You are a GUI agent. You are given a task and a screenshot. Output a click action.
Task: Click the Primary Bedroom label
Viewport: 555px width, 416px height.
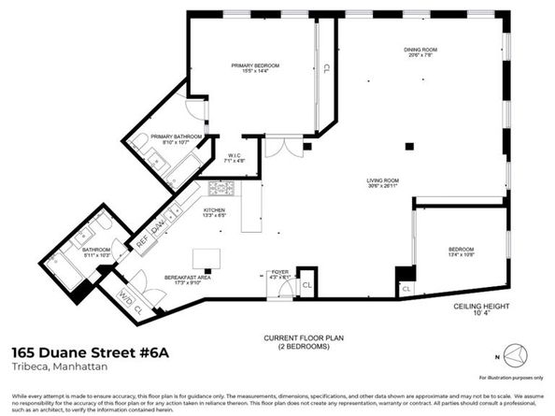pos(256,65)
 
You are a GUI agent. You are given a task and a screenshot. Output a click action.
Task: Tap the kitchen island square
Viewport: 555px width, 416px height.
pos(203,258)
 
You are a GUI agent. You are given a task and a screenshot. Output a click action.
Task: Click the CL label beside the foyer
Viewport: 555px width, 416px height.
pos(306,281)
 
